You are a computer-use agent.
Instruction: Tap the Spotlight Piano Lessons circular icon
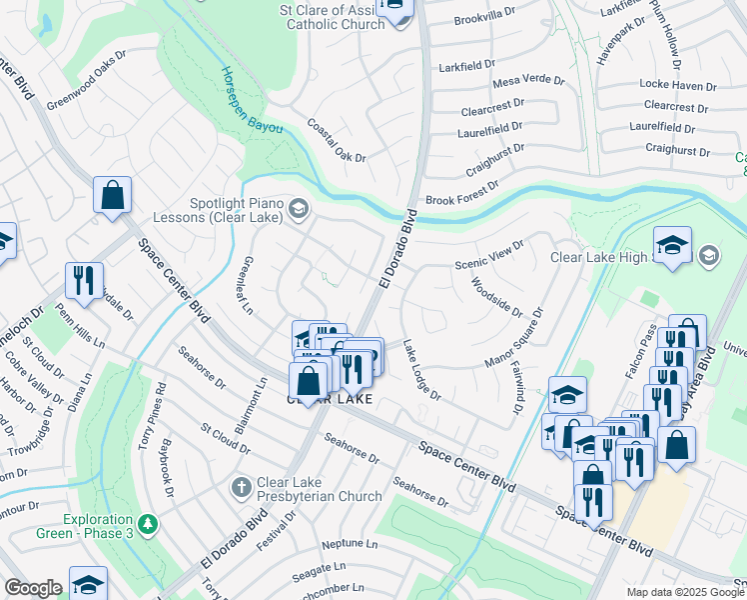click(298, 208)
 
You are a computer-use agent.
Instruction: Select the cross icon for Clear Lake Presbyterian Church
click(241, 488)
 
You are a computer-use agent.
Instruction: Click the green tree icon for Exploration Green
click(148, 524)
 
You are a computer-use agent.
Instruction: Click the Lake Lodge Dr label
click(421, 369)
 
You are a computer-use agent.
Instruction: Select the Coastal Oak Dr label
click(337, 141)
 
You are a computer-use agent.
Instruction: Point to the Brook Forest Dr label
click(461, 200)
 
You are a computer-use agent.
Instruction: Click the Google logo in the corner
click(33, 588)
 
